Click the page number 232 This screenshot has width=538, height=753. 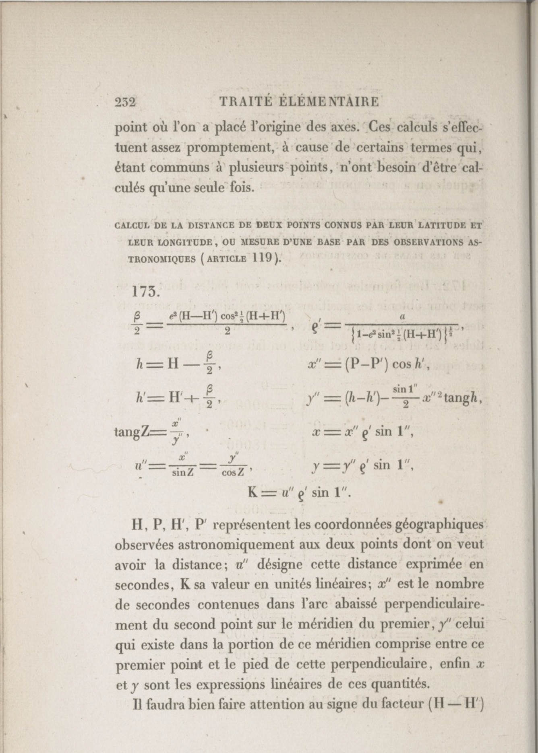126,102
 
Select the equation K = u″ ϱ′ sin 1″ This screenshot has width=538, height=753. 300,493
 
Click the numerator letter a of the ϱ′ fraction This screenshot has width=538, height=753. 402,317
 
